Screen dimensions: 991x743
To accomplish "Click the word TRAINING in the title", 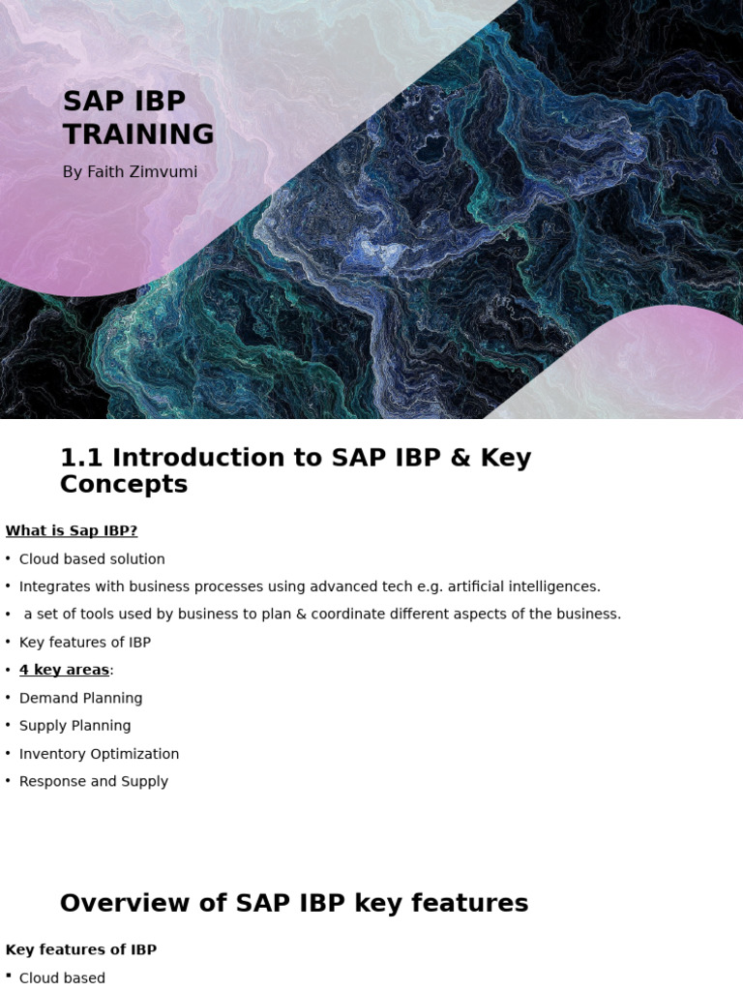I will (138, 134).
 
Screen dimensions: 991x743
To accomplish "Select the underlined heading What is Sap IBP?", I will (72, 530).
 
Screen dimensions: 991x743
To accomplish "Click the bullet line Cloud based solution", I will (92, 559).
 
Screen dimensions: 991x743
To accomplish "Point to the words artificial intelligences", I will (523, 586).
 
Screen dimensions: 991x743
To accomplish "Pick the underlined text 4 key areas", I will (64, 670).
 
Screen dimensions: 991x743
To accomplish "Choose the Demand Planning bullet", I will (80, 698).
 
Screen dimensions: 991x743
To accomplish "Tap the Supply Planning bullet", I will (74, 726).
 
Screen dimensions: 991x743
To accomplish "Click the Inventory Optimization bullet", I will (99, 754).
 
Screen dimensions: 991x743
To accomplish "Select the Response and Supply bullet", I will (93, 781).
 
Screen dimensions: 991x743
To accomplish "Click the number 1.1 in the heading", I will (81, 458).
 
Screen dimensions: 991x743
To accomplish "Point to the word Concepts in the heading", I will (124, 484).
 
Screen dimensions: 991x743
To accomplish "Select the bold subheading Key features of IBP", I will (81, 949).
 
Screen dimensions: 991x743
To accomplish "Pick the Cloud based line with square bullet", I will (62, 978).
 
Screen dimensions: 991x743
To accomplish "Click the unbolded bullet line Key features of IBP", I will (85, 643).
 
